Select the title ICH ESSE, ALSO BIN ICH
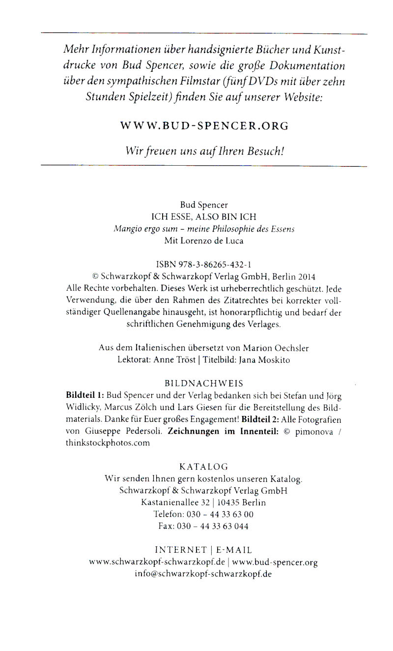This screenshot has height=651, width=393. point(204,216)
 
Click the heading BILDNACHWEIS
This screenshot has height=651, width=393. point(204,383)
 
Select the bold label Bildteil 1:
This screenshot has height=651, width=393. point(85,395)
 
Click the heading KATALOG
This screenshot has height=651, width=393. point(204,467)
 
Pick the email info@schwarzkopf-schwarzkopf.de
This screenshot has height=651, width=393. point(203,574)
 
